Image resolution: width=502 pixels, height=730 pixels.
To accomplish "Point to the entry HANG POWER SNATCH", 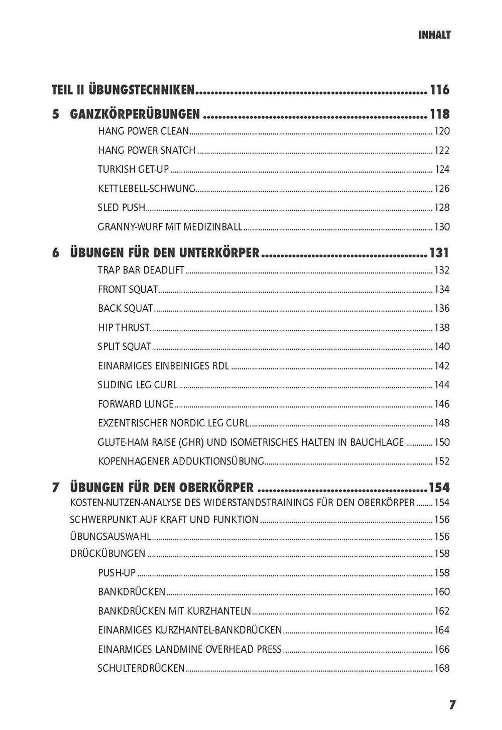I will pyautogui.click(x=147, y=150).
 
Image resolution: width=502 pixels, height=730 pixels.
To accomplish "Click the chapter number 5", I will pyautogui.click(x=56, y=114).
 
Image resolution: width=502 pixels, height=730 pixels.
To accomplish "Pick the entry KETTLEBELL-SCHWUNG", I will pyautogui.click(x=147, y=189).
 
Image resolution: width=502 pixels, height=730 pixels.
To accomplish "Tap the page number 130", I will pyautogui.click(x=442, y=227).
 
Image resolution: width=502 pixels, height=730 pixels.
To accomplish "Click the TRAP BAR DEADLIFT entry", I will pyautogui.click(x=141, y=270).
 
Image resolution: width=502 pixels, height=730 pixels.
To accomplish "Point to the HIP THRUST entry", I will pyautogui.click(x=124, y=328).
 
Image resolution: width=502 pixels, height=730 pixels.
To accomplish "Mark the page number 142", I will pyautogui.click(x=442, y=366).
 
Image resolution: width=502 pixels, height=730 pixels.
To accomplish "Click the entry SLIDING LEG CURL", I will pyautogui.click(x=137, y=385).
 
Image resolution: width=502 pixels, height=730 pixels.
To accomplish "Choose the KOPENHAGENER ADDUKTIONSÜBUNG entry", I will pyautogui.click(x=181, y=461).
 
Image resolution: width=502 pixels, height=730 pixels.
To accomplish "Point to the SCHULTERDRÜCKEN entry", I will pyautogui.click(x=141, y=668).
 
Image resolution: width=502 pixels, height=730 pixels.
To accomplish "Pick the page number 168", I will pyautogui.click(x=442, y=668).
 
